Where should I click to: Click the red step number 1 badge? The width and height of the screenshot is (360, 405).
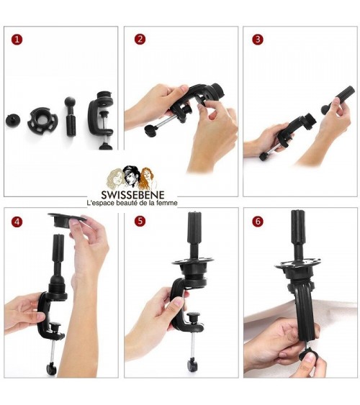17,40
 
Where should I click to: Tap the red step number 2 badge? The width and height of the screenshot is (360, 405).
140,40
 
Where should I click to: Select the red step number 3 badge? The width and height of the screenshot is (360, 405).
258,40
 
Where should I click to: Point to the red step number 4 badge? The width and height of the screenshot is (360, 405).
17,222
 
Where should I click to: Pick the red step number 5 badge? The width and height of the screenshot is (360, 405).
140,221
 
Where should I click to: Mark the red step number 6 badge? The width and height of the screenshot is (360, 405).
258,221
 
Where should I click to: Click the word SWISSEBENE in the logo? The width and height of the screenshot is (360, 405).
132,195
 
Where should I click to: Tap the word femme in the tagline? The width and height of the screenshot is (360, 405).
168,203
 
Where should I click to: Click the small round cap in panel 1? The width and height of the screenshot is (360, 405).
13,120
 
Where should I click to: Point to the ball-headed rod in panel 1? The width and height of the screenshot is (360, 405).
71,117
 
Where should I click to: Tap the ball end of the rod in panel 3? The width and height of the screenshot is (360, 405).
326,109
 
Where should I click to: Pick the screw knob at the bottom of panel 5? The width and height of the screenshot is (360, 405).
192,364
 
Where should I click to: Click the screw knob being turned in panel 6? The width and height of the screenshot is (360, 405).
307,355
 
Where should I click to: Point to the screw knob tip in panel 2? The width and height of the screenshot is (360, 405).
150,129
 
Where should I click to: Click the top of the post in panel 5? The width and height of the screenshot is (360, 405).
194,214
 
